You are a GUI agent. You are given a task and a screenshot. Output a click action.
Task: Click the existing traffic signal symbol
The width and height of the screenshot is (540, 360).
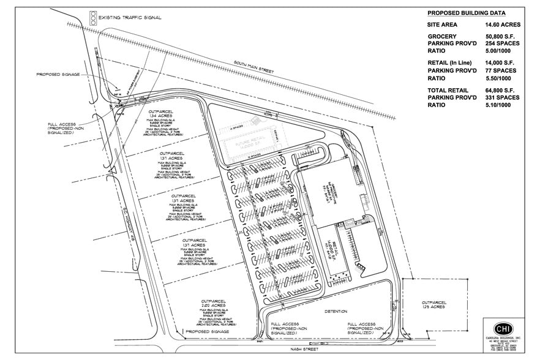[x=94, y=17]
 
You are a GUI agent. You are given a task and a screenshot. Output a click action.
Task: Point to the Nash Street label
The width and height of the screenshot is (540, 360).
[x=306, y=348]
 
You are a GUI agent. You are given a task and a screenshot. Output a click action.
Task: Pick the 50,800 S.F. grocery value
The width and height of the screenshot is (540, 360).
[x=503, y=37]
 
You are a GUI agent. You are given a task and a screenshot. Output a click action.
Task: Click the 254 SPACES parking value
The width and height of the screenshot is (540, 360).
[x=503, y=45]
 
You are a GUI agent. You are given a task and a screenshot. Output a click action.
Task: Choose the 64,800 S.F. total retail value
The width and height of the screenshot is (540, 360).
[x=503, y=91]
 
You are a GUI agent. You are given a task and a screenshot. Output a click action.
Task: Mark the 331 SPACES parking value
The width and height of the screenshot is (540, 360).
[x=503, y=98]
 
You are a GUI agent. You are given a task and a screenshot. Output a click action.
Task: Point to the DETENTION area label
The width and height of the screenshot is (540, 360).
[x=336, y=311]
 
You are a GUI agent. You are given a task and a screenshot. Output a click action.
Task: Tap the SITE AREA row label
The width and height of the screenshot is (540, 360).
[x=443, y=25]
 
